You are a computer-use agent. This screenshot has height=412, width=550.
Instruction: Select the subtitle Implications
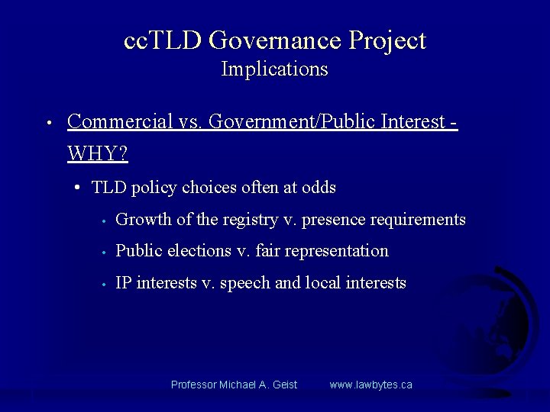click(274, 69)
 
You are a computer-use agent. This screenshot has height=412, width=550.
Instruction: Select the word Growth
click(144, 220)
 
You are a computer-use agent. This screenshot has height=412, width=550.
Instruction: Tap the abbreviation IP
click(123, 283)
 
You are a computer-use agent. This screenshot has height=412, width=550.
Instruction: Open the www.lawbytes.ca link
click(370, 385)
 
